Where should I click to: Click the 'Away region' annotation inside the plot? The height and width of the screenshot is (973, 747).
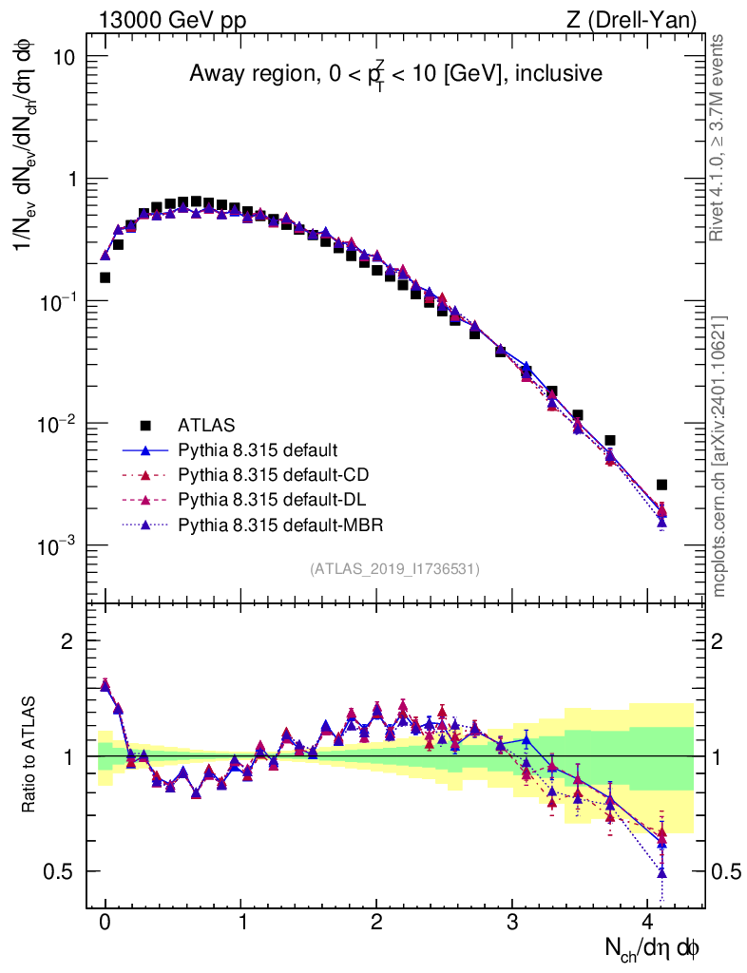tap(395, 73)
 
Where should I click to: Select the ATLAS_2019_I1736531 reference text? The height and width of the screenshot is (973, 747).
tap(394, 569)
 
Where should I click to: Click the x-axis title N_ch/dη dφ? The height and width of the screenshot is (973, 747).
tap(654, 948)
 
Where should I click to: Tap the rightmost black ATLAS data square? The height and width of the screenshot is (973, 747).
tap(661, 485)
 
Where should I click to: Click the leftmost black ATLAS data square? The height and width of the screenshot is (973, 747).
tap(105, 277)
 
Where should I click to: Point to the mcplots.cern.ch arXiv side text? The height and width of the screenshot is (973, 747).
tap(719, 456)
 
